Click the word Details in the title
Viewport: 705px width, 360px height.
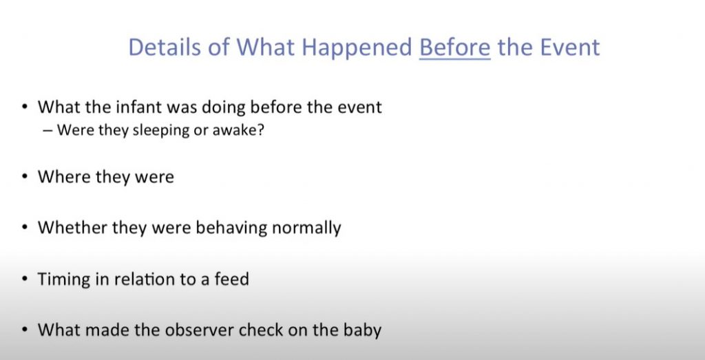coord(164,47)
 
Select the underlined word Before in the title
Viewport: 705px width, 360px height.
coord(454,47)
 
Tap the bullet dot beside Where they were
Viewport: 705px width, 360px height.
coord(25,177)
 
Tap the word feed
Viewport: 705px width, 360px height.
coord(231,279)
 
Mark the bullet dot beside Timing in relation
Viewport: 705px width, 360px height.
coord(25,279)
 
